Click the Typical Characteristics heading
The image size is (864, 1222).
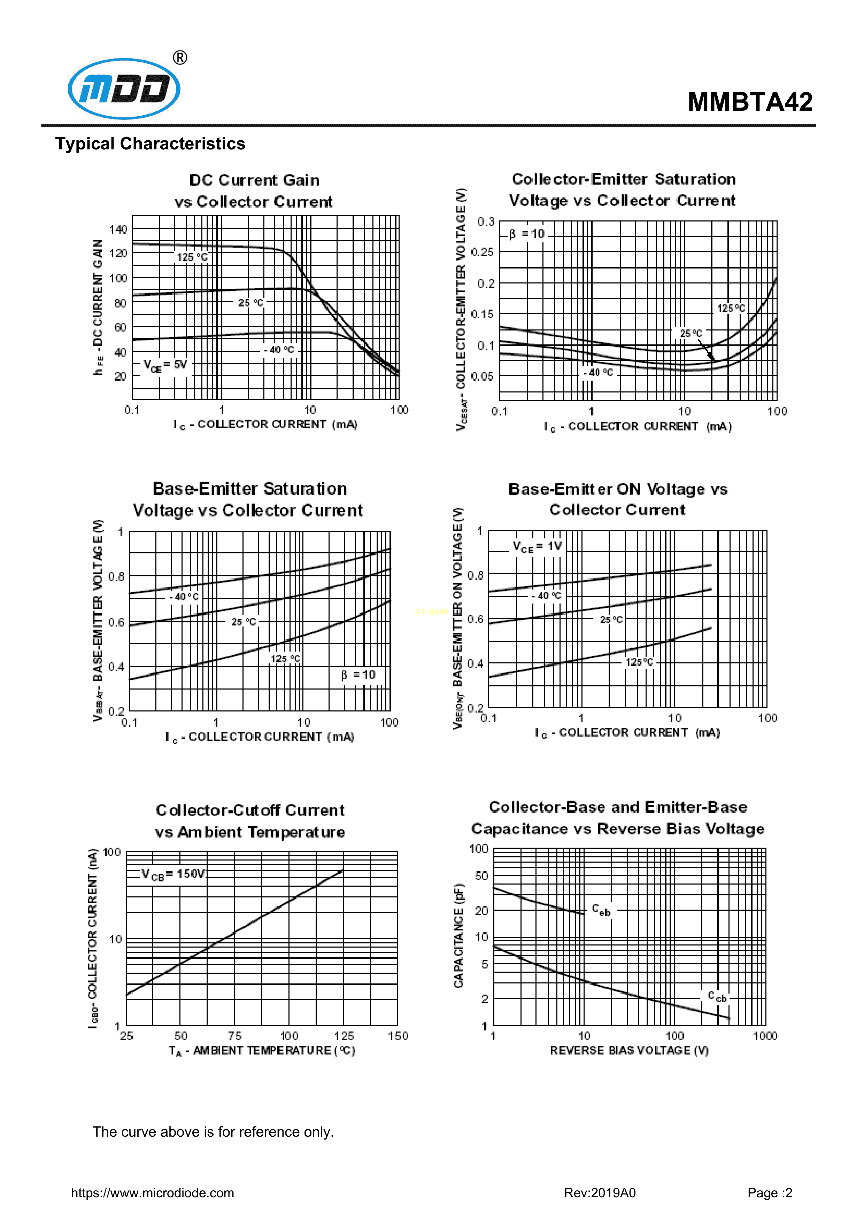[x=150, y=144]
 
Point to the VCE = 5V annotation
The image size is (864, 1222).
[x=165, y=365]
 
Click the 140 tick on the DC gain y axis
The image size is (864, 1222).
[x=118, y=229]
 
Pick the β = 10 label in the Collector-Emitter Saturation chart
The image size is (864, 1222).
[x=526, y=234]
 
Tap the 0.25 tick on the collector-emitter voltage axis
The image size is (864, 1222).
[x=482, y=252]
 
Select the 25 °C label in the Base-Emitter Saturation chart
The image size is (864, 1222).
[x=243, y=622]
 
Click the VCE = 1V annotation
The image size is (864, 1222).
[x=537, y=546]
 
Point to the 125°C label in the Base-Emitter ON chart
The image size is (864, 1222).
[x=639, y=662]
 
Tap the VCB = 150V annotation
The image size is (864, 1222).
[x=173, y=874]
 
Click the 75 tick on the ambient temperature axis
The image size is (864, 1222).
[x=235, y=1036]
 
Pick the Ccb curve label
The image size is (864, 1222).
[x=717, y=996]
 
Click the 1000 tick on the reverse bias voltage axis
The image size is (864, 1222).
[x=765, y=1036]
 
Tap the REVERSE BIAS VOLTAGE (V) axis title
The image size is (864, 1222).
[x=629, y=1050]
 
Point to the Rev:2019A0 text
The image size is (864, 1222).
[x=600, y=1193]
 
